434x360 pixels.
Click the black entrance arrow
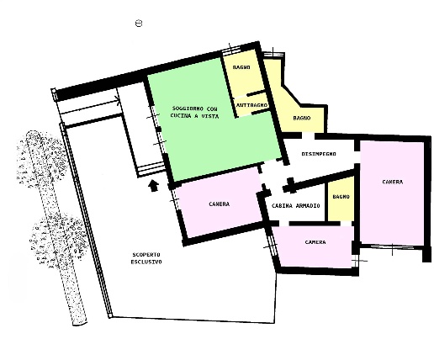(153, 186)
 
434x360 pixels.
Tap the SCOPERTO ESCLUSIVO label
(146, 258)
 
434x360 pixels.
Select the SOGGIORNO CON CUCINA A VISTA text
(195, 112)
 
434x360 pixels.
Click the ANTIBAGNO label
(252, 105)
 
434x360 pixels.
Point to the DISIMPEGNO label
(319, 154)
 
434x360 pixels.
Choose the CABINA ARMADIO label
(296, 206)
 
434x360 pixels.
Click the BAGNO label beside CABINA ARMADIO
(341, 197)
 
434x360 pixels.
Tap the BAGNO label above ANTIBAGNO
(241, 67)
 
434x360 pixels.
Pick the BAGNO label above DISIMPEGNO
(302, 118)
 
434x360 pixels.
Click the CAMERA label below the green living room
(220, 204)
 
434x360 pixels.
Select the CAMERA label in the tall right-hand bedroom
(393, 182)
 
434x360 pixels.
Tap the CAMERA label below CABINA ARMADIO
(315, 242)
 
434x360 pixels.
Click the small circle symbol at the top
(139, 23)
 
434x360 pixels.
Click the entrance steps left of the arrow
(151, 170)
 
